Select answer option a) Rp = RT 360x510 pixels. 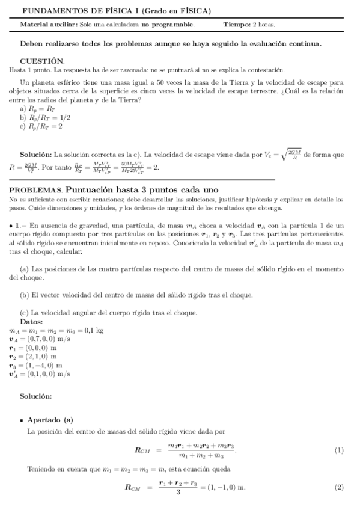click(38, 109)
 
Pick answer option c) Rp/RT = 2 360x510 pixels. click(41, 126)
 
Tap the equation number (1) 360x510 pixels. click(338, 451)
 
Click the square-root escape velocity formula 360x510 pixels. click(282, 154)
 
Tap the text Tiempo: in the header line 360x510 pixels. click(236, 25)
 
